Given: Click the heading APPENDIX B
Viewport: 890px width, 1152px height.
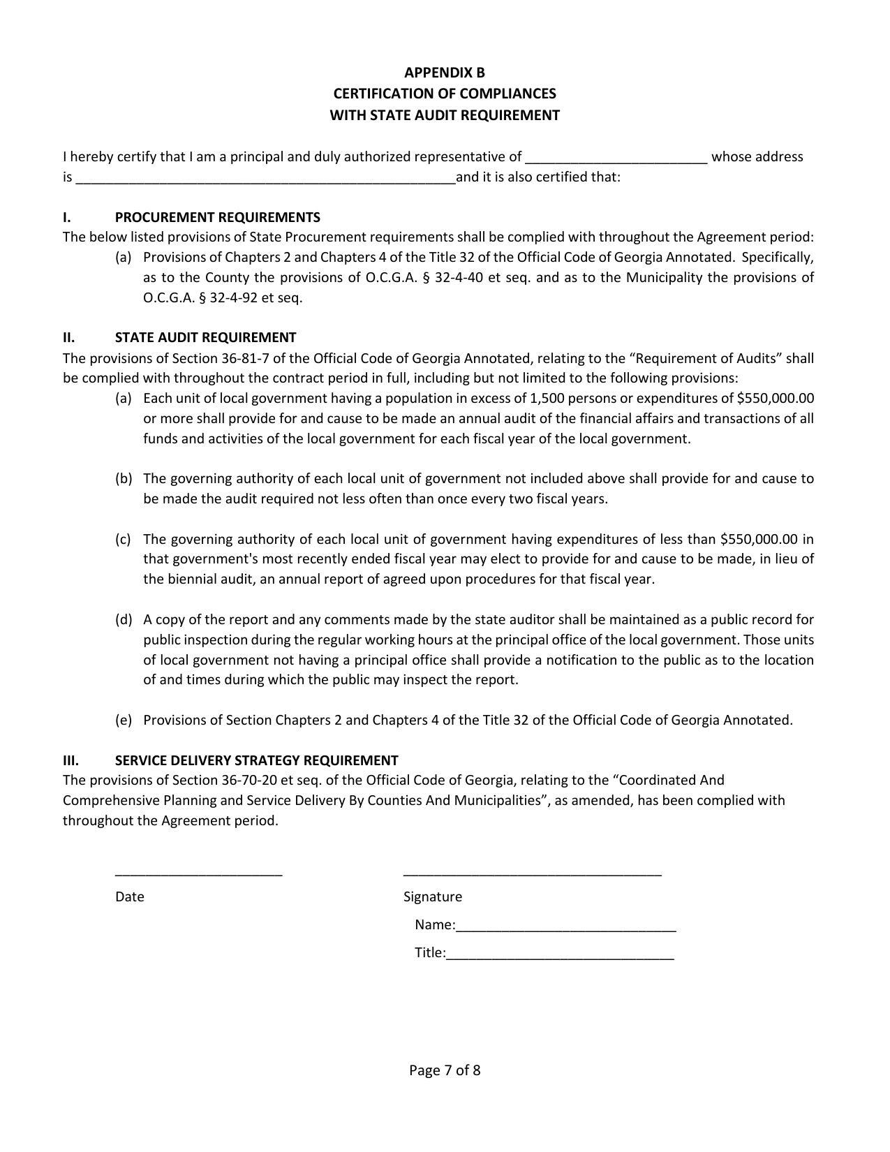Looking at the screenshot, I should coord(444,73).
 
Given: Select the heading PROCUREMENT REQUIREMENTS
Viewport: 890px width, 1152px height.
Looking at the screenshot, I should coord(217,217).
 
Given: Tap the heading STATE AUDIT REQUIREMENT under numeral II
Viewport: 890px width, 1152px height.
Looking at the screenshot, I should coord(205,338).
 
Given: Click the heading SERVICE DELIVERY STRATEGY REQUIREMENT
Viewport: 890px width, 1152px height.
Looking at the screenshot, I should coord(256,760).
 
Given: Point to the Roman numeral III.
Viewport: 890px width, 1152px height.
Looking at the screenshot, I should coord(71,760).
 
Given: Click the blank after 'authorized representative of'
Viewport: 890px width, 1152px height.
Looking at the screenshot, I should coord(617,160).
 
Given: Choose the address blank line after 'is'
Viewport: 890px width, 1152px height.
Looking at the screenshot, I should coord(265,180).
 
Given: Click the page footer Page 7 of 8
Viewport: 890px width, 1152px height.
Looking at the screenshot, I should coord(445,1070).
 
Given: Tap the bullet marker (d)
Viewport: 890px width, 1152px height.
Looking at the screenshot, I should coord(124,620).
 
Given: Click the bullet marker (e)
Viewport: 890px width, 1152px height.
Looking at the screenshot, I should coord(124,721).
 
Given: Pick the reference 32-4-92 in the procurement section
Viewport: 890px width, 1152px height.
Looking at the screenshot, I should coord(231,298).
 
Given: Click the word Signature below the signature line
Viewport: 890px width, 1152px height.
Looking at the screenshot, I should coord(432,897).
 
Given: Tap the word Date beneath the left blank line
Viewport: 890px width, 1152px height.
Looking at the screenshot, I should coord(130,897).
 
